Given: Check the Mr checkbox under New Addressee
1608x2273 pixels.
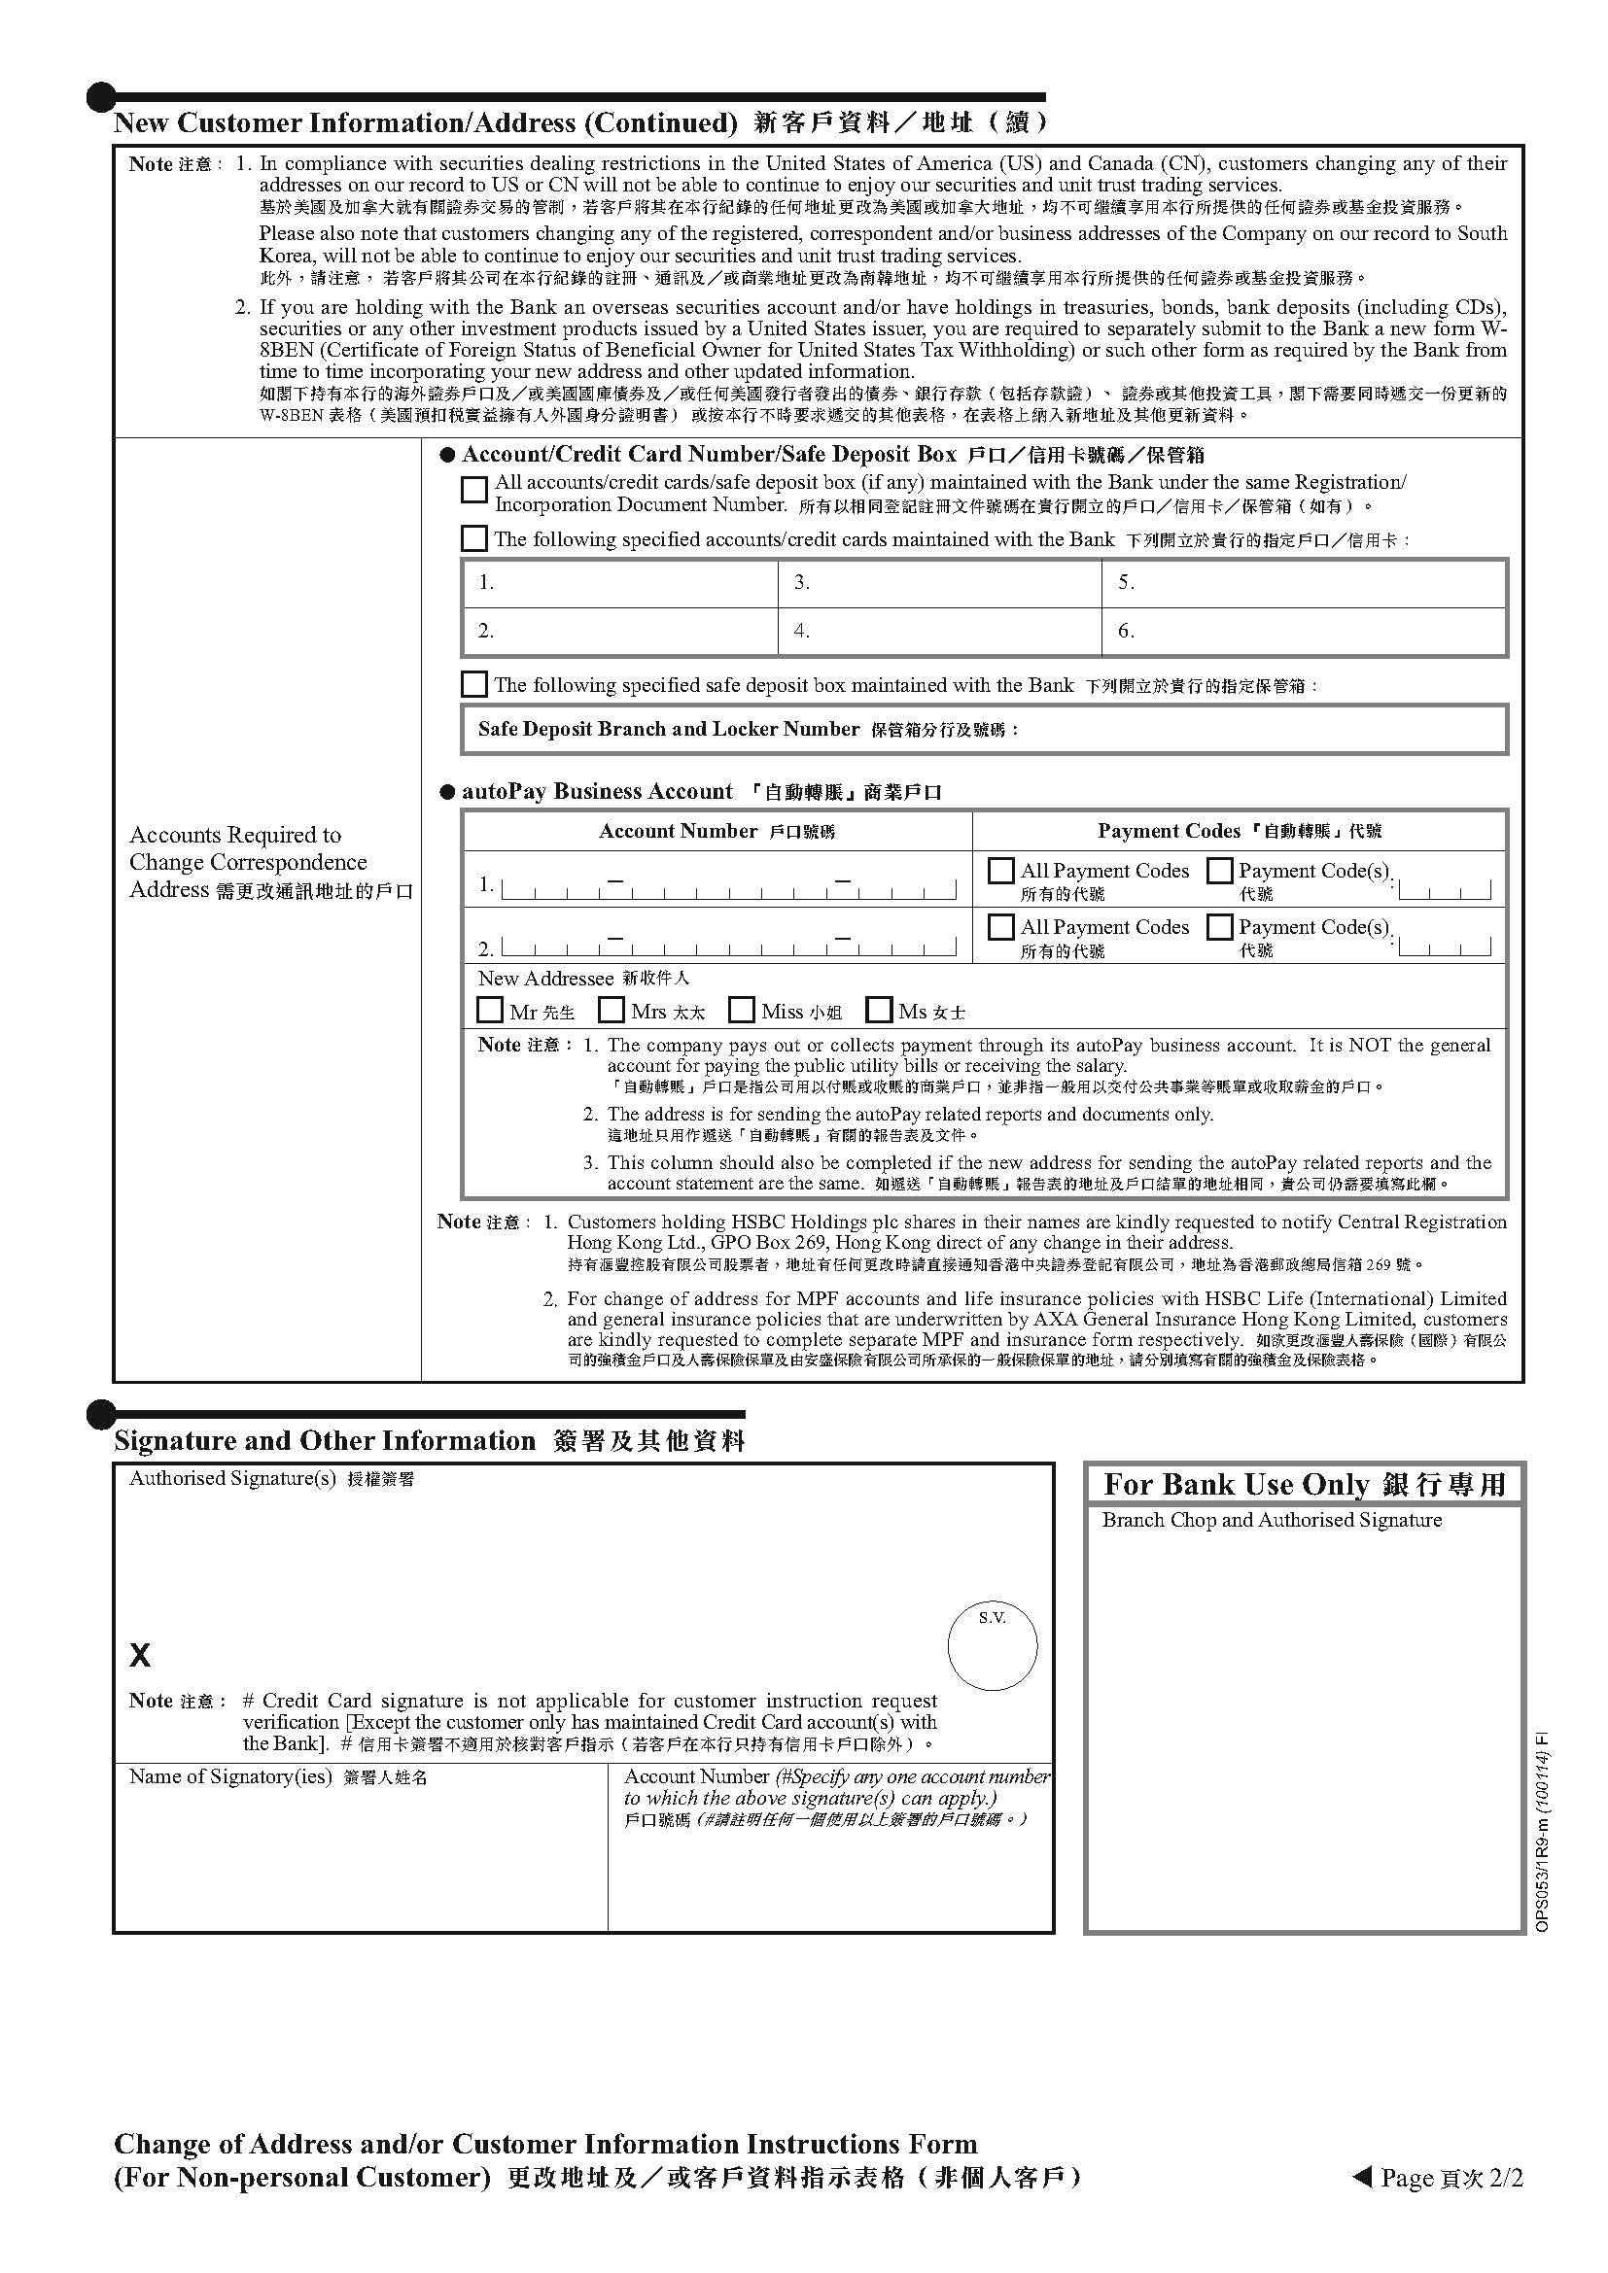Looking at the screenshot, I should tap(489, 1010).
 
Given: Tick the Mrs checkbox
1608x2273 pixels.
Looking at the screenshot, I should tap(612, 1010).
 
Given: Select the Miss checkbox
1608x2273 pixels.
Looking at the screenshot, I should tap(741, 1010).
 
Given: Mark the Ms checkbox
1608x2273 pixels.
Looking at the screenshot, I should tap(878, 1010).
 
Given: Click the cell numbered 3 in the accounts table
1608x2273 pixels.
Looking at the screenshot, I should tap(939, 583).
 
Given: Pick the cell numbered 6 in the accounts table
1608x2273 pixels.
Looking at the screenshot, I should tap(1303, 632).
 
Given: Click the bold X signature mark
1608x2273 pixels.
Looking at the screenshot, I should tap(140, 1654).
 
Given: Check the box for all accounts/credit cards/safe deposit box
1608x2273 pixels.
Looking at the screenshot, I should tap(474, 490).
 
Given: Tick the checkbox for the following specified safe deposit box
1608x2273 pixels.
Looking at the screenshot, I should tap(474, 684).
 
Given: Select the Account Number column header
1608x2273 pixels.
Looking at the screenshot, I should tap(717, 832).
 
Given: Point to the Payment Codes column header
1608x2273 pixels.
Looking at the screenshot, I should tap(1239, 832).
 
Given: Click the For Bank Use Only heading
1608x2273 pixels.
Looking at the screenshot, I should tap(1304, 1485).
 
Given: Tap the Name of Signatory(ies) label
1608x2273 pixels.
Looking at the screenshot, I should tap(278, 1777).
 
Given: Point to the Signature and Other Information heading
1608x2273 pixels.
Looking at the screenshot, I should tap(429, 1441).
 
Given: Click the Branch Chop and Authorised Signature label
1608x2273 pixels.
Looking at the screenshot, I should tap(1272, 1521).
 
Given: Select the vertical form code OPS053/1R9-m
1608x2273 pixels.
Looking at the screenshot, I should tap(1542, 1832).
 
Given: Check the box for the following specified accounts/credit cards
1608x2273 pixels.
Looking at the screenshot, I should tap(474, 538).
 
